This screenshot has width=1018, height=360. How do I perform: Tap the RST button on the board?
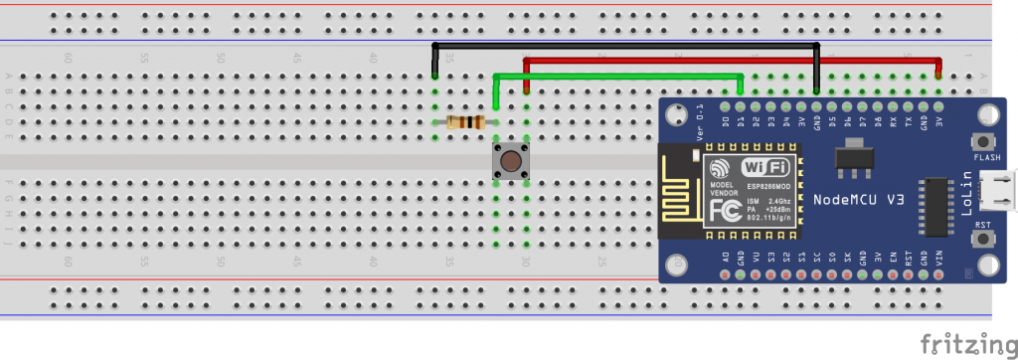986,240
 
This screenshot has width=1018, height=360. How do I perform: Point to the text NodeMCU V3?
858,200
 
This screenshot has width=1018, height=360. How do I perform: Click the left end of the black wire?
434,76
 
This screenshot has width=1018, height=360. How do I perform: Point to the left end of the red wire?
526,90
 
